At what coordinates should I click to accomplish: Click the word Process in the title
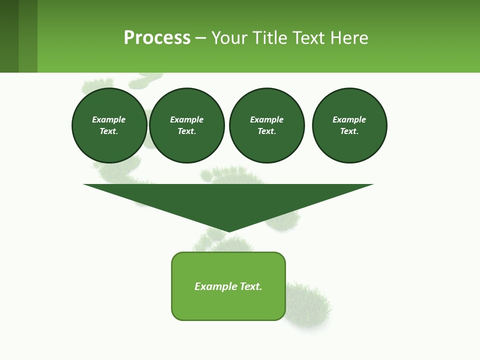(157, 38)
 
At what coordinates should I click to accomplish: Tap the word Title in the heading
(270, 38)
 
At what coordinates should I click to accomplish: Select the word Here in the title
(348, 38)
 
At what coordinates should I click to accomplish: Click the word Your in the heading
(230, 38)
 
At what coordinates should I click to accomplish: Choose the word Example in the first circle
(109, 119)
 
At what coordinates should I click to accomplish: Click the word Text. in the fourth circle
(349, 131)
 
